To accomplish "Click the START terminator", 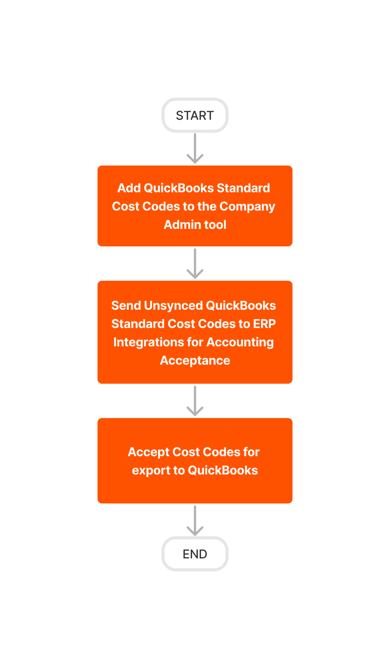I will click(195, 115).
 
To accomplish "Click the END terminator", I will click(195, 553).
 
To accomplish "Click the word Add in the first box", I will click(129, 188).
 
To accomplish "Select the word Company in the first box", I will click(247, 206).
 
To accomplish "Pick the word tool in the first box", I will click(215, 225).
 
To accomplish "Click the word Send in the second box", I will click(126, 306).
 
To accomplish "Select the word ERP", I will click(264, 324).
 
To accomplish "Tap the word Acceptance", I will click(195, 360).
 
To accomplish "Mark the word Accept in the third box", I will click(148, 452).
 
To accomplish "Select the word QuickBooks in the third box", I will click(223, 470).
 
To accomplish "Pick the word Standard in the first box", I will click(243, 188).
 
